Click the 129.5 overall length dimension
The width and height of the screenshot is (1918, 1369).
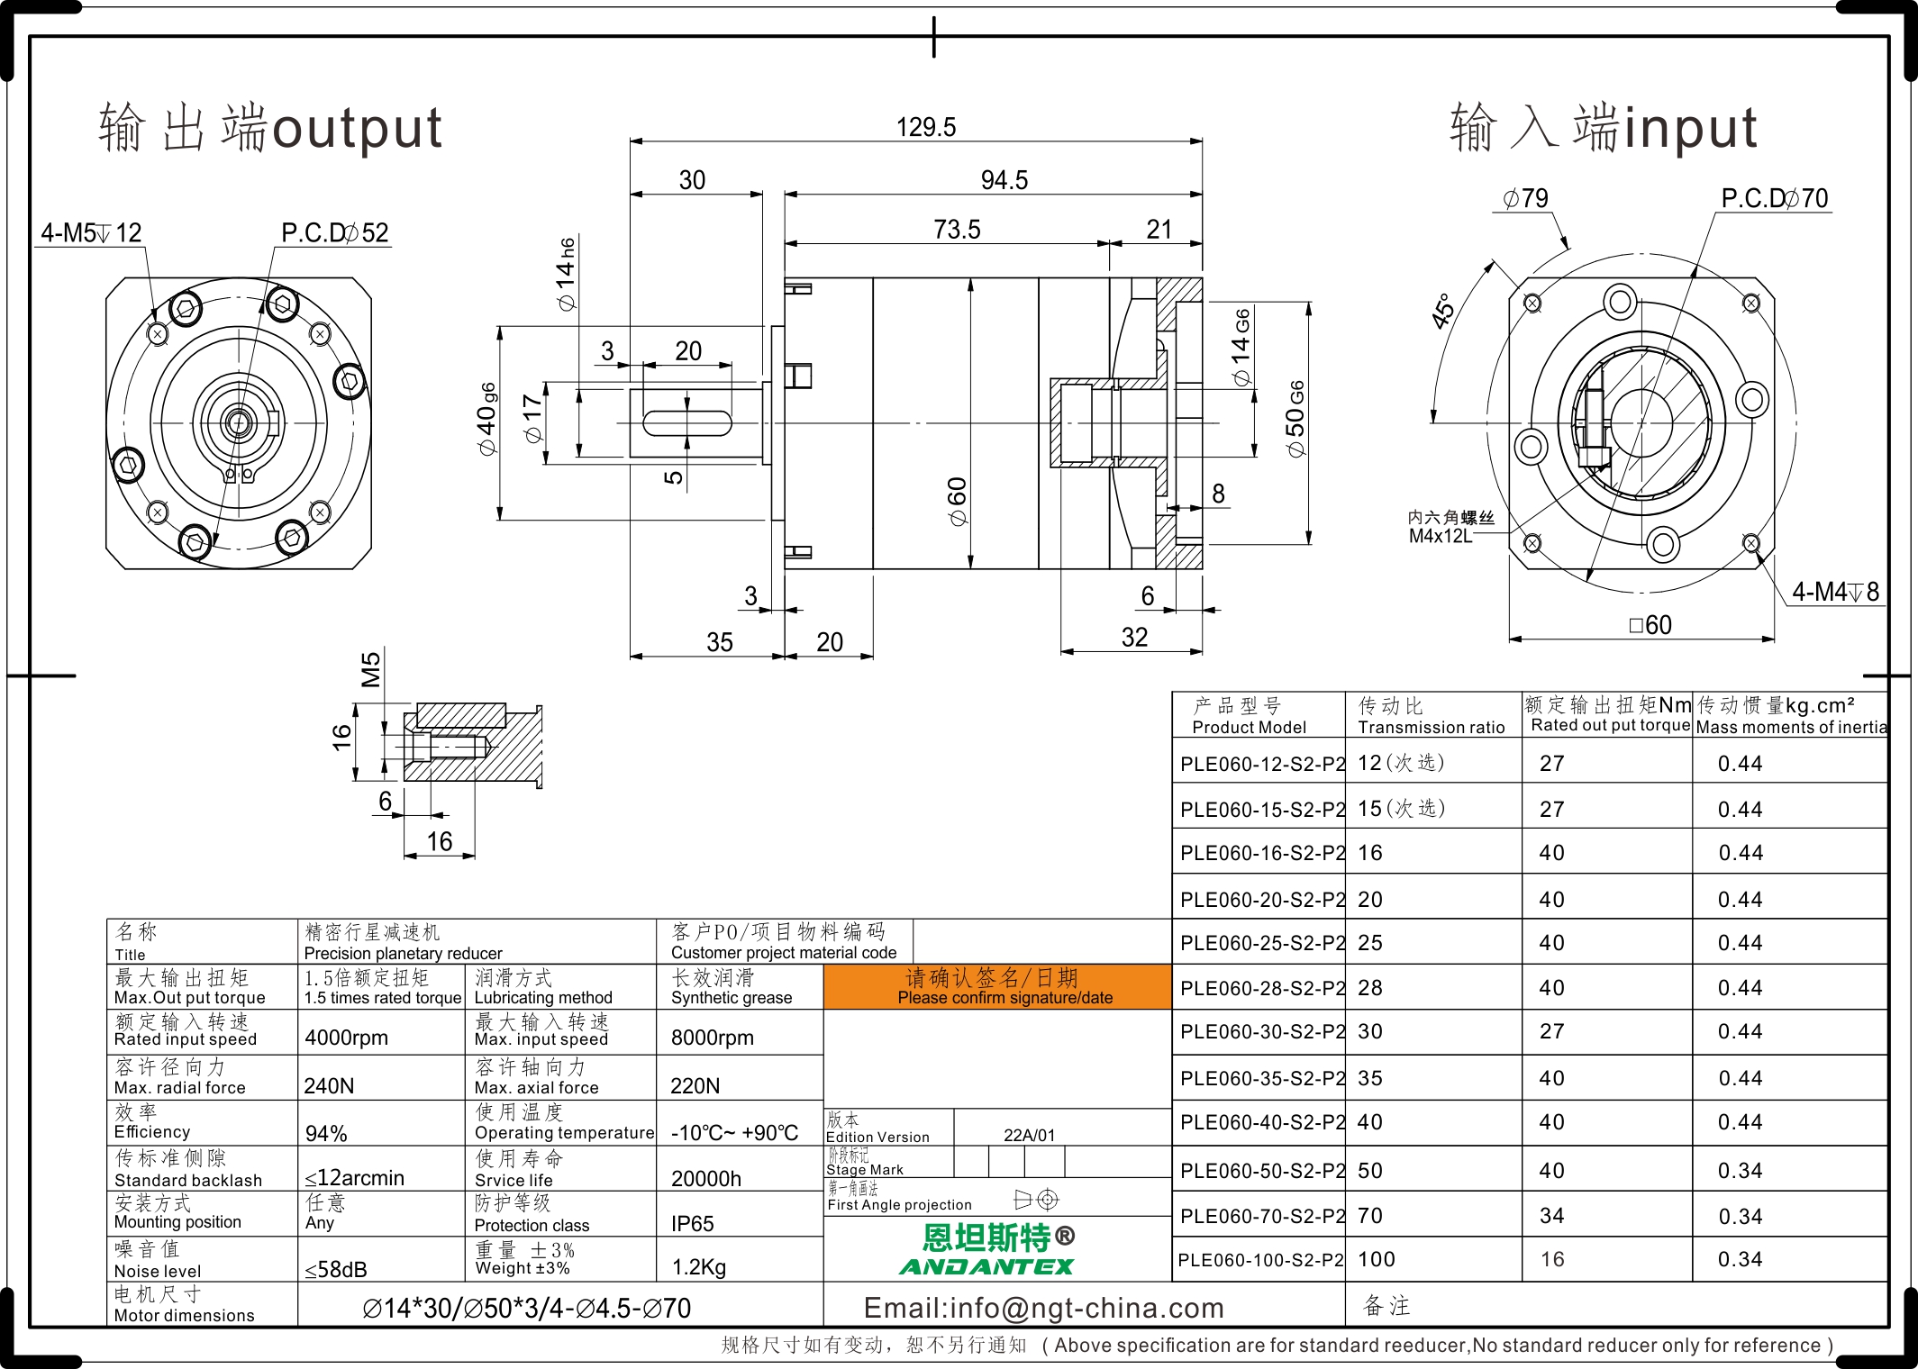pyautogui.click(x=926, y=127)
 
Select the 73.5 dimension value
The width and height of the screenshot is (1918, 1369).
pyautogui.click(x=957, y=230)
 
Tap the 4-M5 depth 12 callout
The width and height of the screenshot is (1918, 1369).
pyautogui.click(x=91, y=233)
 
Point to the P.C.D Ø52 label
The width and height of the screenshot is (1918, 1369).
pyautogui.click(x=335, y=233)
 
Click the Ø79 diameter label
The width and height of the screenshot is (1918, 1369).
pyautogui.click(x=1525, y=198)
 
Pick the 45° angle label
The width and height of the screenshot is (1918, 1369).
pyautogui.click(x=1443, y=311)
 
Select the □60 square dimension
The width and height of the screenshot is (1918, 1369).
pyautogui.click(x=1650, y=625)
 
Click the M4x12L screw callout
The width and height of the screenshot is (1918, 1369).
pyautogui.click(x=1441, y=537)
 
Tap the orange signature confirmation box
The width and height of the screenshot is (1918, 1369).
pyautogui.click(x=997, y=986)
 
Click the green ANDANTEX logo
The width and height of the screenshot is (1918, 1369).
pyautogui.click(x=986, y=1266)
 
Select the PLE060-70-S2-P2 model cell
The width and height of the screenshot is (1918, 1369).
pyautogui.click(x=1262, y=1216)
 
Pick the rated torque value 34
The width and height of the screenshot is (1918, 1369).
pyautogui.click(x=1551, y=1216)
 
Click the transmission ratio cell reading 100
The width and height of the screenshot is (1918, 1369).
pyautogui.click(x=1377, y=1259)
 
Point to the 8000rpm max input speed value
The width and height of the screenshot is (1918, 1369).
pyautogui.click(x=713, y=1038)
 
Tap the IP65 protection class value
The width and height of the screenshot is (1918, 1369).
pyautogui.click(x=692, y=1224)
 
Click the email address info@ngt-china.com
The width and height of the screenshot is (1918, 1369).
pyautogui.click(x=1044, y=1308)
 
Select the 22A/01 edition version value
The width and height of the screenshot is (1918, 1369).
pyautogui.click(x=1029, y=1136)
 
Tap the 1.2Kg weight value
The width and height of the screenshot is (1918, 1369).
pyautogui.click(x=699, y=1267)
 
